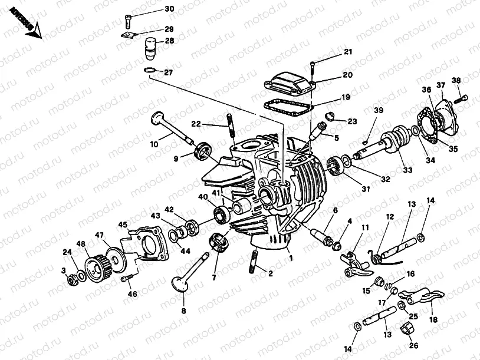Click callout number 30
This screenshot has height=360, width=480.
coord(169,9)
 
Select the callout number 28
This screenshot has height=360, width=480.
coord(169,41)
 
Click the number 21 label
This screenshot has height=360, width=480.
coord(348,52)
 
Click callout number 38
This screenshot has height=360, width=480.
coord(456,80)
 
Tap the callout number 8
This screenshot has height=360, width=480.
coord(183,311)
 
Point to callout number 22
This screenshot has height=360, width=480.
coord(196,124)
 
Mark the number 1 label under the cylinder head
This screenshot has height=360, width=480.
coord(290,257)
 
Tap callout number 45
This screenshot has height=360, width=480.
coord(123,224)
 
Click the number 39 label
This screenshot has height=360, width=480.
coord(378,110)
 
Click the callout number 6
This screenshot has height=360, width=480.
coord(335,210)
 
